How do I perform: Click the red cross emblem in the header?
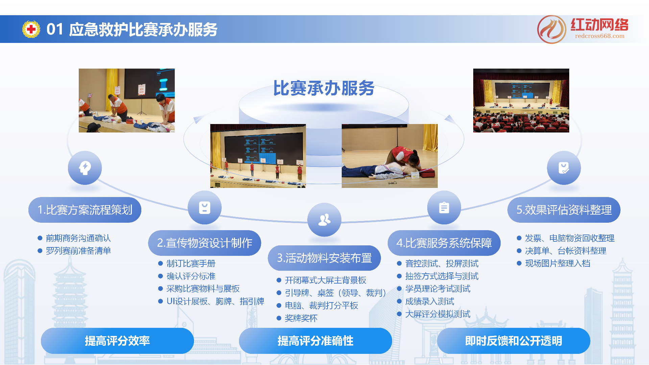pyautogui.click(x=31, y=29)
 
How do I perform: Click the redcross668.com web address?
pyautogui.click(x=600, y=36)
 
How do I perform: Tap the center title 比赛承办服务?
pyautogui.click(x=323, y=89)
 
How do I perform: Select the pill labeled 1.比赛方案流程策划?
pyautogui.click(x=85, y=210)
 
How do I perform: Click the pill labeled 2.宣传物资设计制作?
pyautogui.click(x=205, y=243)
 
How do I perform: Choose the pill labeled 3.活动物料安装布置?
pyautogui.click(x=324, y=258)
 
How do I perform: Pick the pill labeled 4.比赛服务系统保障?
pyautogui.click(x=444, y=243)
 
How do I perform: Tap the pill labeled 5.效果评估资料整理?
pyautogui.click(x=564, y=210)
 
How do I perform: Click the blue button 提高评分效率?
pyautogui.click(x=117, y=341)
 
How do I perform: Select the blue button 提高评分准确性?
pyautogui.click(x=315, y=341)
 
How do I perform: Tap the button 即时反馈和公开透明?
pyautogui.click(x=513, y=341)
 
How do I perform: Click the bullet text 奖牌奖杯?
pyautogui.click(x=301, y=318)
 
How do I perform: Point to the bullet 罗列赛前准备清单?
pyautogui.click(x=78, y=251)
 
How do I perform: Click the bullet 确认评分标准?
pyautogui.click(x=191, y=276)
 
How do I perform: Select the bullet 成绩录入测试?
pyautogui.click(x=429, y=301)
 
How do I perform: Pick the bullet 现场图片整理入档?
pyautogui.click(x=557, y=263)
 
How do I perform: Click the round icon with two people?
pyautogui.click(x=324, y=220)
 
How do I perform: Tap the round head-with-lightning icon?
pyautogui.click(x=85, y=168)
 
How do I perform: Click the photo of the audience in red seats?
pyautogui.click(x=521, y=100)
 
